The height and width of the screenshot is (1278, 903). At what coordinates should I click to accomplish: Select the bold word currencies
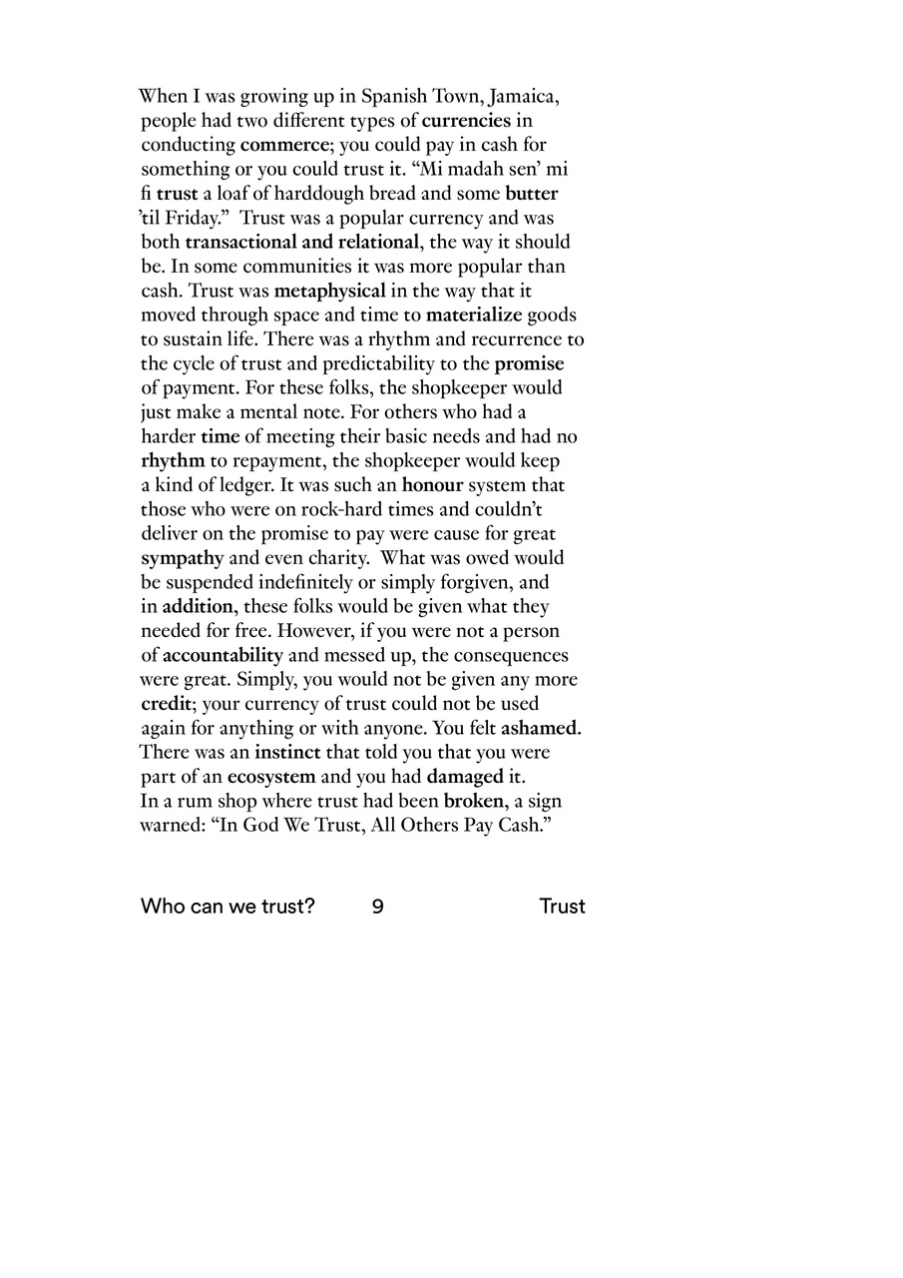point(466,122)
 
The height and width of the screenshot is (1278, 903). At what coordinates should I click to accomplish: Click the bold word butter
point(531,194)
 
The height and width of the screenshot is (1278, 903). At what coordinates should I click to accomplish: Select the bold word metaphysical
point(329,292)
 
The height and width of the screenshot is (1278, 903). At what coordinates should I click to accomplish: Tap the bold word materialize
point(474,316)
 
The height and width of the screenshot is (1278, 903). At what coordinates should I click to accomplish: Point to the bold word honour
point(433,485)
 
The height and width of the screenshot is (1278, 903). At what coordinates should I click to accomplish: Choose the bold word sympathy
point(183,558)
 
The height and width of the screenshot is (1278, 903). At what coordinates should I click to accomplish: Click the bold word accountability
point(223,656)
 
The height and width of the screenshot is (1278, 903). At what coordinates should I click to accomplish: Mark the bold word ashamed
point(541,729)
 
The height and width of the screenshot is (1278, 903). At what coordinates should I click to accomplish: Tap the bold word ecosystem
point(271,777)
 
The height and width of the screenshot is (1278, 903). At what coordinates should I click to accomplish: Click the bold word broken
point(476,801)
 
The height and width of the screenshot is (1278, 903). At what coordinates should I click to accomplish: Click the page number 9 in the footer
point(378,907)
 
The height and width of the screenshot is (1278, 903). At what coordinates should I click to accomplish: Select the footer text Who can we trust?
point(227,907)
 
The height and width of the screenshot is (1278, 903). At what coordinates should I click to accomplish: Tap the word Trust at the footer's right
point(562,907)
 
